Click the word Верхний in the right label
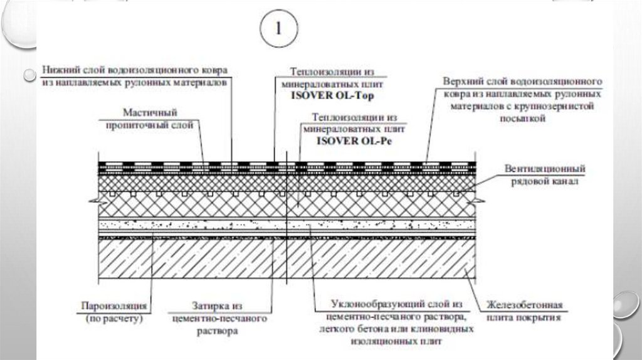click(x=463, y=82)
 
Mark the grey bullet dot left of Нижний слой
click(x=27, y=75)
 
